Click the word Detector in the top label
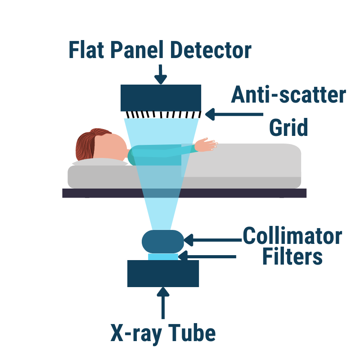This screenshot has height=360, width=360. pos(211,50)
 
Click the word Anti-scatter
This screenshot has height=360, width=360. pos(288,95)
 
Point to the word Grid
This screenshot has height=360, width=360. pos(288,127)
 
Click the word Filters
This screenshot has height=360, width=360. pos(292,257)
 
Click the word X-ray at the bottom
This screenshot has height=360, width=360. pos(135,334)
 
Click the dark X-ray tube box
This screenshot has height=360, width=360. pos(163,274)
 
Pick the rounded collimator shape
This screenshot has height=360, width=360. pos(163,241)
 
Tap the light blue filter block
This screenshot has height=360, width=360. pos(163,256)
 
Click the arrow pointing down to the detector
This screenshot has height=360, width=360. pos(161,74)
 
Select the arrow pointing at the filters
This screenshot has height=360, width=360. pos(207,256)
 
